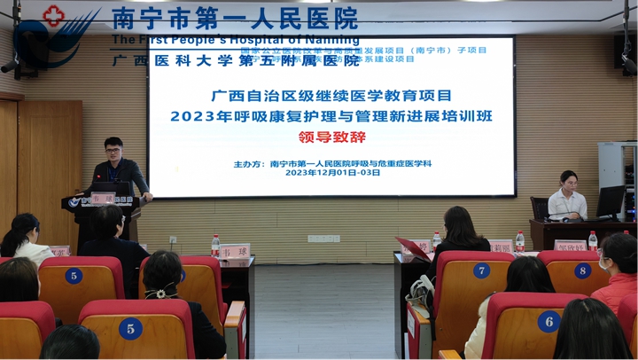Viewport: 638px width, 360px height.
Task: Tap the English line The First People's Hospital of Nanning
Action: coord(235,39)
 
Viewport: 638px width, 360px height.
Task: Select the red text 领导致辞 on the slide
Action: coord(331,137)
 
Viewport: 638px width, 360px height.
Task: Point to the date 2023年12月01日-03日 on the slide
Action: coord(332,173)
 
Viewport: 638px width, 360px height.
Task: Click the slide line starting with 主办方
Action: coord(332,163)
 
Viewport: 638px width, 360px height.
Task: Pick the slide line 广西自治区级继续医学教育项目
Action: coord(331,95)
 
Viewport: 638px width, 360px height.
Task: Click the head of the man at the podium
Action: coord(113,148)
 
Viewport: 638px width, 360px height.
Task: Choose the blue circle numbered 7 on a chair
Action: coord(481,270)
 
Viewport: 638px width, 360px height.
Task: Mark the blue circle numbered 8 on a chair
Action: coord(582,270)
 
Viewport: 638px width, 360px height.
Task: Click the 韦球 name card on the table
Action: coord(234,251)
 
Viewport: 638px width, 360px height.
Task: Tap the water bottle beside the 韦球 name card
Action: coord(215,246)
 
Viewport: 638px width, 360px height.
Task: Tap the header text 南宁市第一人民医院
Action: coord(235,17)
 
